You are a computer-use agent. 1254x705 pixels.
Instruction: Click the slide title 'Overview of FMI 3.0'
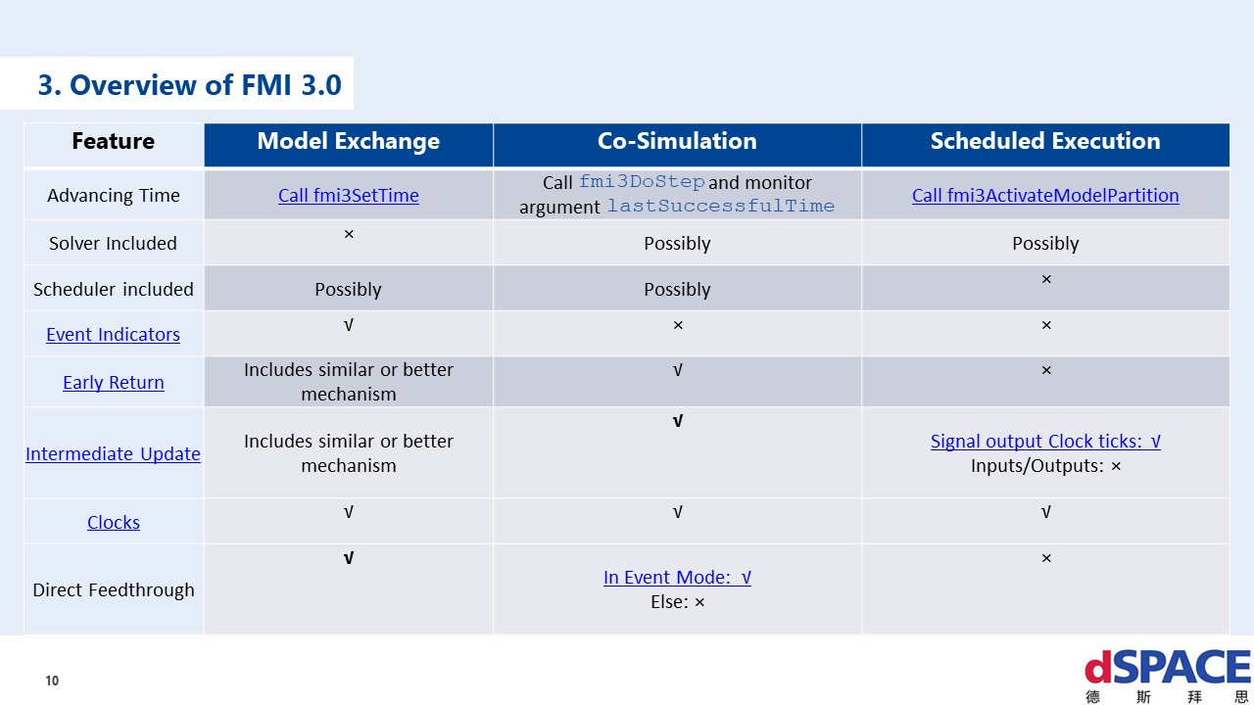click(x=189, y=85)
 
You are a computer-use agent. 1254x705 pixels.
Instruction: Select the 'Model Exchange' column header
click(x=348, y=141)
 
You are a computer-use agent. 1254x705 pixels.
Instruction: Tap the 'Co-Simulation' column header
click(x=677, y=141)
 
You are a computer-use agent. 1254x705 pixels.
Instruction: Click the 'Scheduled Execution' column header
click(x=1045, y=141)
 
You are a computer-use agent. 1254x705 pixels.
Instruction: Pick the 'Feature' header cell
click(x=113, y=141)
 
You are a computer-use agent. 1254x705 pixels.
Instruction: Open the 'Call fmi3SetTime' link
click(x=348, y=195)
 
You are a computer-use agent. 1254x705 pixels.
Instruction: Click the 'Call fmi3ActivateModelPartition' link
click(x=1045, y=195)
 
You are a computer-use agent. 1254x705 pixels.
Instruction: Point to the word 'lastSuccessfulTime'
click(x=720, y=207)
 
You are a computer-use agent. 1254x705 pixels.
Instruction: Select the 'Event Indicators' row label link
click(x=113, y=334)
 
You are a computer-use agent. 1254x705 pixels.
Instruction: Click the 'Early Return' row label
click(x=113, y=382)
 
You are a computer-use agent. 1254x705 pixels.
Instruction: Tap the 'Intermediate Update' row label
click(x=113, y=453)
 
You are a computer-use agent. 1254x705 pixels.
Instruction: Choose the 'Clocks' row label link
click(x=113, y=522)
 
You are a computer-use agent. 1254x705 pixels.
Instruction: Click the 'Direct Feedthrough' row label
click(x=113, y=589)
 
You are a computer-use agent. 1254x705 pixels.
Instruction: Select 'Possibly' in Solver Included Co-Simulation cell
click(x=677, y=243)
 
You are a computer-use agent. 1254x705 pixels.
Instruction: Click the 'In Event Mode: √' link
click(x=677, y=577)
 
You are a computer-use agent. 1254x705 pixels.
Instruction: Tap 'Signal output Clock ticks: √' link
click(x=1045, y=441)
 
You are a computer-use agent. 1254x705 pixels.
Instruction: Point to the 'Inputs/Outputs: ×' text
click(x=1045, y=466)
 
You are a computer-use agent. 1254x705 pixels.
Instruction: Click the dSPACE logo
click(x=1167, y=674)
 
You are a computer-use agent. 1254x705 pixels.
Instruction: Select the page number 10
click(x=52, y=681)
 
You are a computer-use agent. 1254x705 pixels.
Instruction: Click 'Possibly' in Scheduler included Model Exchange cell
click(x=348, y=289)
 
